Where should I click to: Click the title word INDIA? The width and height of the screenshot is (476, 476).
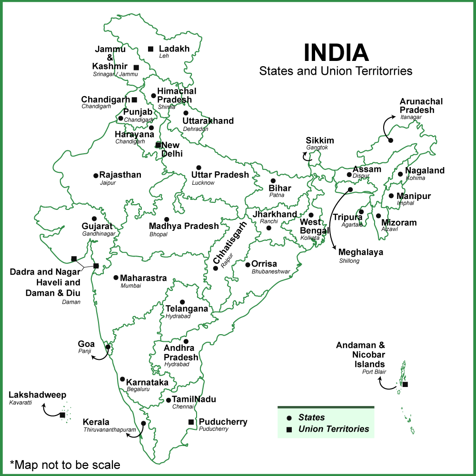(336, 52)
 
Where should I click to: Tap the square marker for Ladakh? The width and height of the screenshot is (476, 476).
(150, 49)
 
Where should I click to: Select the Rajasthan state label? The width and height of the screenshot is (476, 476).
(120, 175)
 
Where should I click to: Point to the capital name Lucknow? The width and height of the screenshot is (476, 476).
(203, 183)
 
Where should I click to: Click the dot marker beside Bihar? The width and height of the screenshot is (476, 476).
(273, 181)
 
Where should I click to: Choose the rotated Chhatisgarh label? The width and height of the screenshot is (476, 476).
(230, 243)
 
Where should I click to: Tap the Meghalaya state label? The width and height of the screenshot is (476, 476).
(360, 252)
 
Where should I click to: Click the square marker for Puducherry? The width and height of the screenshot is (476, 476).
(191, 422)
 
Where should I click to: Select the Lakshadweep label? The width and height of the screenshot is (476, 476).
(38, 395)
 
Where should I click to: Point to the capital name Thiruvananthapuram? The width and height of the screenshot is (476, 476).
(106, 429)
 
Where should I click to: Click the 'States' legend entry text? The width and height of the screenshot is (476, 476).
(312, 417)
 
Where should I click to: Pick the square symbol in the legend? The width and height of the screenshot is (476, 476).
(289, 429)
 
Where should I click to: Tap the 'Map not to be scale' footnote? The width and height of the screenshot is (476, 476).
(65, 464)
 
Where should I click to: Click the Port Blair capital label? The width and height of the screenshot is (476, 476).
(374, 372)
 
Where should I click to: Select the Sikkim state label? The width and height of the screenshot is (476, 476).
(320, 140)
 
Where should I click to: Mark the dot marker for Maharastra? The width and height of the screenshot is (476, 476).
(116, 278)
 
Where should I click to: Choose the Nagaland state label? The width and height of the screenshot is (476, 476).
(425, 170)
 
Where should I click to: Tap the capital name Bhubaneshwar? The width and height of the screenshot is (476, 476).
(271, 271)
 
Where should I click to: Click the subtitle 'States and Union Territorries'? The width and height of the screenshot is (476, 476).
(336, 71)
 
